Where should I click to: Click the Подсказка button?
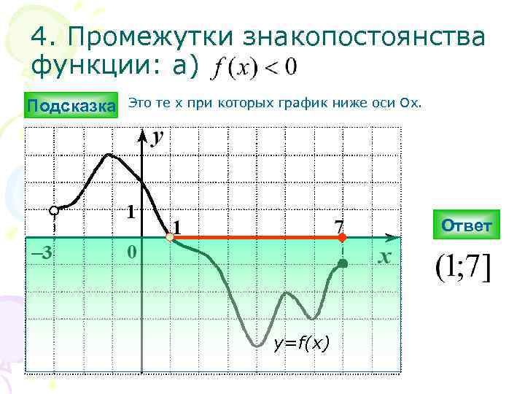click(x=71, y=107)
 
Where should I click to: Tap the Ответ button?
click(x=466, y=225)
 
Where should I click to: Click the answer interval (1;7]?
click(x=463, y=270)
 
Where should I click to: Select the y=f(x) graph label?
click(x=301, y=342)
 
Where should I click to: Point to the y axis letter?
click(x=157, y=137)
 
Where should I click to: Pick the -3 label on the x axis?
click(x=40, y=253)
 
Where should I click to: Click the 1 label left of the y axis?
click(x=131, y=212)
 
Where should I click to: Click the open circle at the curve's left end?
click(x=54, y=211)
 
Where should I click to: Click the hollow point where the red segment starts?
click(x=169, y=237)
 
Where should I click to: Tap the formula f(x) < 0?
click(x=253, y=68)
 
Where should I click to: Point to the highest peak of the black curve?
click(x=109, y=155)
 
